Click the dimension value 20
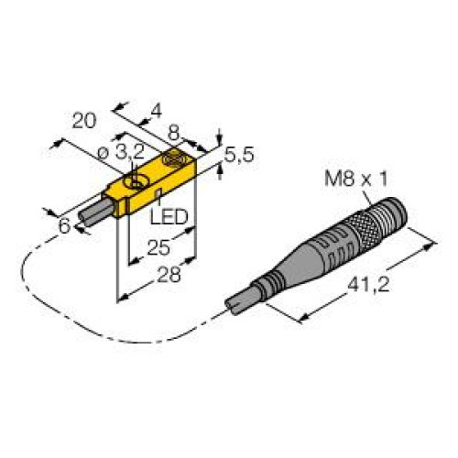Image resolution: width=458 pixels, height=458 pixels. [x=84, y=121]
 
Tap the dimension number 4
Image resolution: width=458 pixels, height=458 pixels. [x=157, y=112]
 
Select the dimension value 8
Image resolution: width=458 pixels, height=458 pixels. [x=173, y=134]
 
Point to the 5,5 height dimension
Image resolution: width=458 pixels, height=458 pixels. [x=239, y=155]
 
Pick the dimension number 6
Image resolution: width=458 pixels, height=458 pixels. [x=65, y=226]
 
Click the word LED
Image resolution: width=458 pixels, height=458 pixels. [x=169, y=217]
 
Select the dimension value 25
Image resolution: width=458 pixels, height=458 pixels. [x=158, y=247]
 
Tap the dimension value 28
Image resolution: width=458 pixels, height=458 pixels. [x=169, y=275]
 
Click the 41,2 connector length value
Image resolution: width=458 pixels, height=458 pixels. [x=368, y=285]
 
